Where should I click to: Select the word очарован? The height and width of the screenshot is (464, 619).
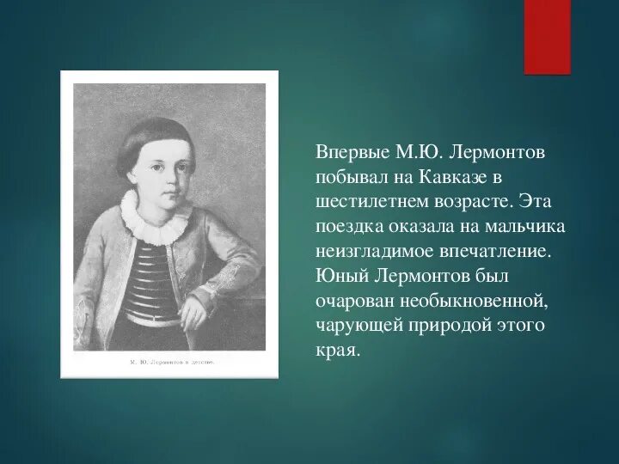pos(352,302)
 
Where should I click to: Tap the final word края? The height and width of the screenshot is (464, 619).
pos(336,351)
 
